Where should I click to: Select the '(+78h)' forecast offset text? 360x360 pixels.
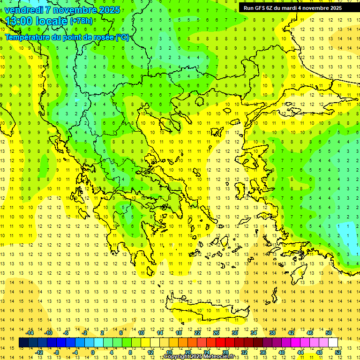(81, 21)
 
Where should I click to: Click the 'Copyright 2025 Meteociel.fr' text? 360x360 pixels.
(199, 357)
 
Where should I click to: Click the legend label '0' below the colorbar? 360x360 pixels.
(92, 352)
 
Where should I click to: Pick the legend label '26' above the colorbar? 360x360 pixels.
(216, 333)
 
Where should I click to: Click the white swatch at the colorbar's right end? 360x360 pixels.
(333, 343)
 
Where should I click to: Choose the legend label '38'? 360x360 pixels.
(272, 333)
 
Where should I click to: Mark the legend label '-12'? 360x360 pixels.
(39, 352)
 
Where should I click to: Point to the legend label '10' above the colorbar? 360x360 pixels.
(141, 333)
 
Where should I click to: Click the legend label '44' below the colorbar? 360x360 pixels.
(300, 352)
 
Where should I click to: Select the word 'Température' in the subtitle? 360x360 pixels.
(28, 37)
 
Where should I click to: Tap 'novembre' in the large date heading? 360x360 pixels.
(73, 10)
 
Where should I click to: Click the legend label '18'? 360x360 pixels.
(179, 333)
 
